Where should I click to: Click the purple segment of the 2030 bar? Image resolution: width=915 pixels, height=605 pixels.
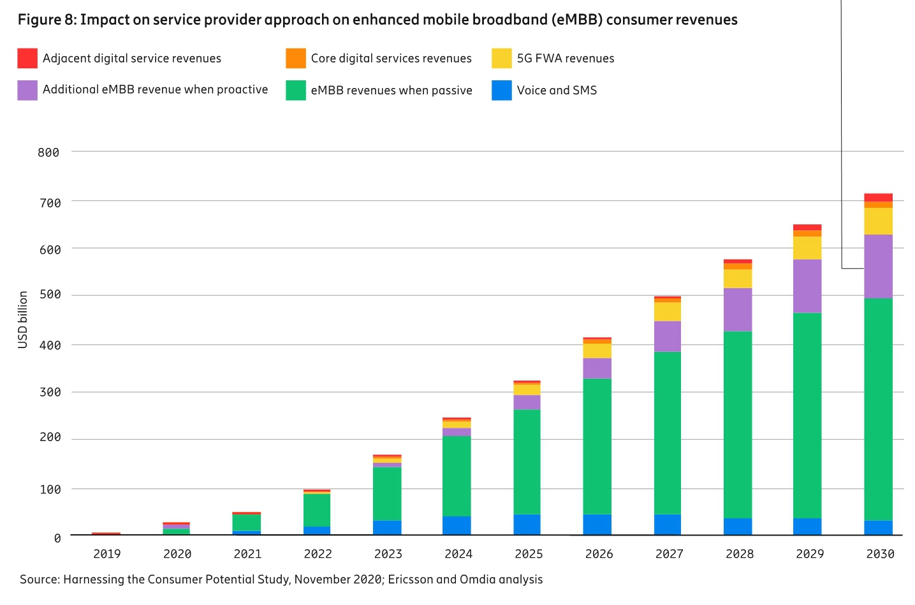878,266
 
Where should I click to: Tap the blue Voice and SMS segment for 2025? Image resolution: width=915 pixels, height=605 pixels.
527,524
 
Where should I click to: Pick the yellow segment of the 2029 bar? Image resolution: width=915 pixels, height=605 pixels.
807,248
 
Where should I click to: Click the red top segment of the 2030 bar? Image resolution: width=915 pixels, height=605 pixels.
878,198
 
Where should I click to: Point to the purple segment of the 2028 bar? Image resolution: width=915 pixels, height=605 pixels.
738,309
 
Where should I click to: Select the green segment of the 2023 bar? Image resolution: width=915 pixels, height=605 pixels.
387,493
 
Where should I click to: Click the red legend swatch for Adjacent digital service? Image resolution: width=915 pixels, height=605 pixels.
27,58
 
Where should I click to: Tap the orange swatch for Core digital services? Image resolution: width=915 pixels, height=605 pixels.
296,58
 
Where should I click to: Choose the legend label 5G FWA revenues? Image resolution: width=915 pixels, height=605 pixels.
566,59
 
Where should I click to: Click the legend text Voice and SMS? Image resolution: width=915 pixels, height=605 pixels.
557,91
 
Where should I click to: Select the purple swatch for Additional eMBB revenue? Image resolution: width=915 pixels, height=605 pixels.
27,90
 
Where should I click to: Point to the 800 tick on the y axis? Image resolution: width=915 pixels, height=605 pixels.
48,152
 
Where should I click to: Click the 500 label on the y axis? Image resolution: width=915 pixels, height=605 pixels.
50,295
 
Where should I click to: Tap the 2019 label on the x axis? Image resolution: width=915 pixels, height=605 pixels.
107,554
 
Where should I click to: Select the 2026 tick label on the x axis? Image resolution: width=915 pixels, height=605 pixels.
599,554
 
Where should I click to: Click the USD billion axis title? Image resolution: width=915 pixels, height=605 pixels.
23,319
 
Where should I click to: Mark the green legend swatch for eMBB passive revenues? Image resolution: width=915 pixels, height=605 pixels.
296,90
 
